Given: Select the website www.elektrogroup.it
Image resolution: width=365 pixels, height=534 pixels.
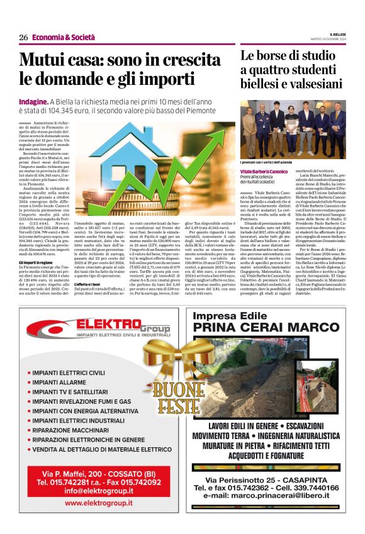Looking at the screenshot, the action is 98,503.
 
